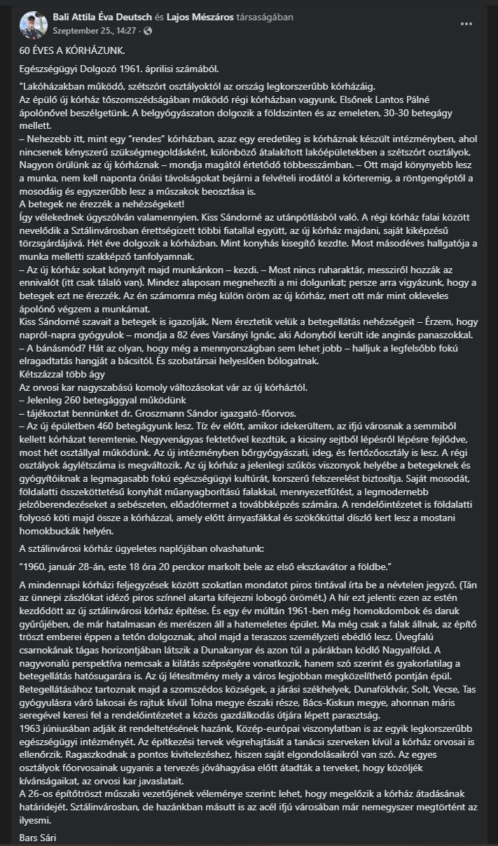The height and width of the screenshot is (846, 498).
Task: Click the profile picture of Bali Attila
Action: (33, 23)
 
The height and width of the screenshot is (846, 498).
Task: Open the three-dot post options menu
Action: (466, 23)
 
